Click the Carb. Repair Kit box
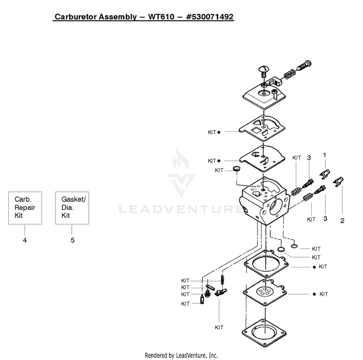point(25,208)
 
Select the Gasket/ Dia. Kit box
point(72,208)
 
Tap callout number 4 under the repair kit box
point(25,240)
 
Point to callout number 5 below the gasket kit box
point(73,240)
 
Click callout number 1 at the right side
point(325,155)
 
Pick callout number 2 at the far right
point(342,220)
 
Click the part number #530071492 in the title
point(210,16)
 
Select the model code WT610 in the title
point(161,16)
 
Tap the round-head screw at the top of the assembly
point(264,71)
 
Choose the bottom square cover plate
point(264,333)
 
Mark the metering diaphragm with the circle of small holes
point(265,292)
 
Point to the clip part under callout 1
point(325,174)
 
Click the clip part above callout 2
point(338,182)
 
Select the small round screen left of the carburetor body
point(236,168)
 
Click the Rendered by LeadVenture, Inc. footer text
point(181,355)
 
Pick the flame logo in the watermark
point(181,159)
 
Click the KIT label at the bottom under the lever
point(219,328)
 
